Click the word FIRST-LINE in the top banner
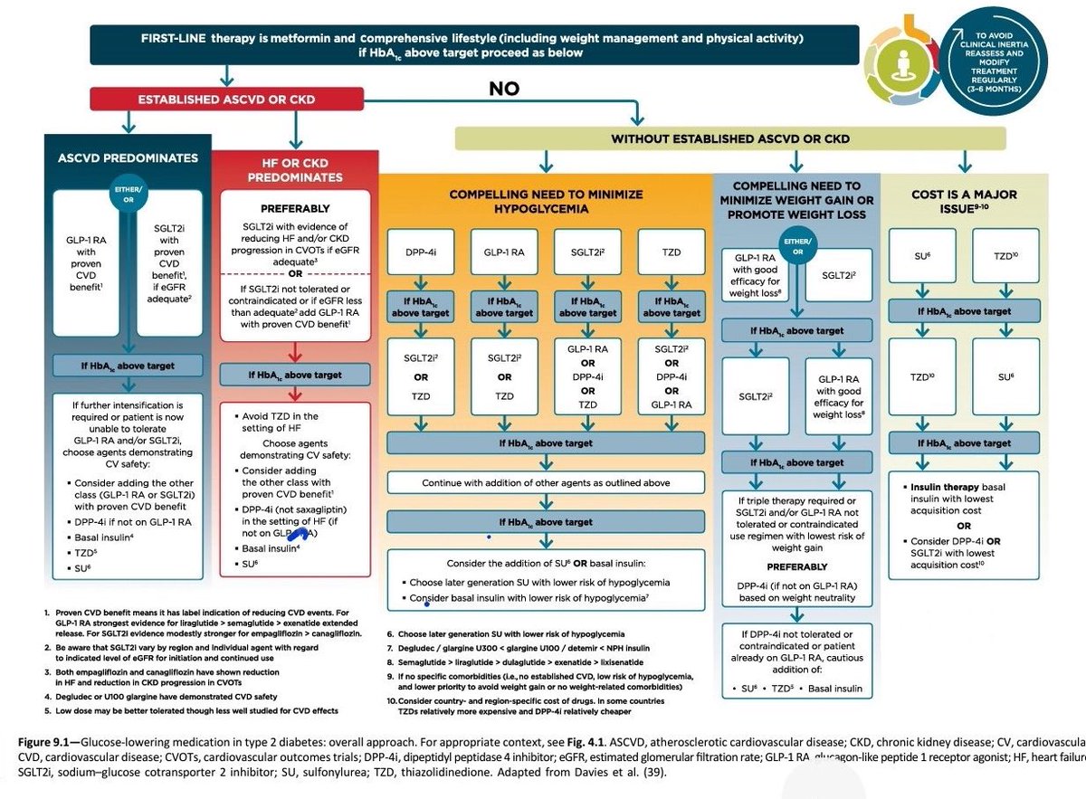tap(176, 40)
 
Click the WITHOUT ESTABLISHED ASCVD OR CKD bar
tap(729, 138)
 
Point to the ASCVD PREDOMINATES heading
tap(127, 157)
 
